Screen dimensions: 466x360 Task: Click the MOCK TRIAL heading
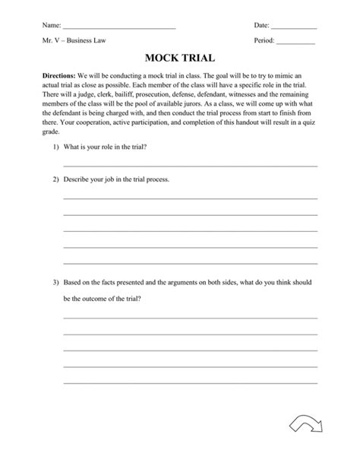click(x=179, y=58)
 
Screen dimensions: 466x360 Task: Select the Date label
click(x=261, y=25)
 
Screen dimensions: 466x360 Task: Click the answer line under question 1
click(x=190, y=165)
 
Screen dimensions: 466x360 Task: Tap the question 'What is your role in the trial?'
click(x=105, y=147)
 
